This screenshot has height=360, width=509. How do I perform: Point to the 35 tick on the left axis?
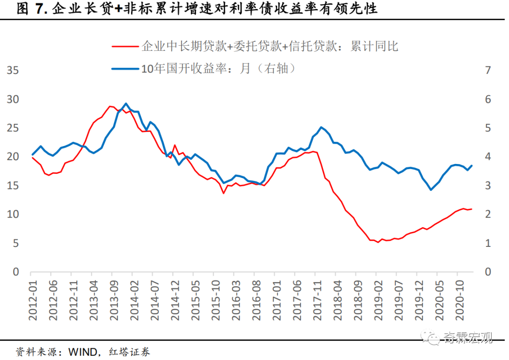13,71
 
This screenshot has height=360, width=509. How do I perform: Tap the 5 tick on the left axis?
16,244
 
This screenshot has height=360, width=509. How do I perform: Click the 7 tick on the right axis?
488,71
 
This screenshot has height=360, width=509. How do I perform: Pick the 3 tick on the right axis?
488,186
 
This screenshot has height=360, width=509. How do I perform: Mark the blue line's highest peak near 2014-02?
126,103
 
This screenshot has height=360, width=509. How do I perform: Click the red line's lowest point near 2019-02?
378,242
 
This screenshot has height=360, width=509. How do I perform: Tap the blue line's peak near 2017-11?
321,127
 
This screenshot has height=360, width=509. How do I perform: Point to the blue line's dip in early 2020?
431,190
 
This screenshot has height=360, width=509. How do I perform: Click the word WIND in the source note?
83,352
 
